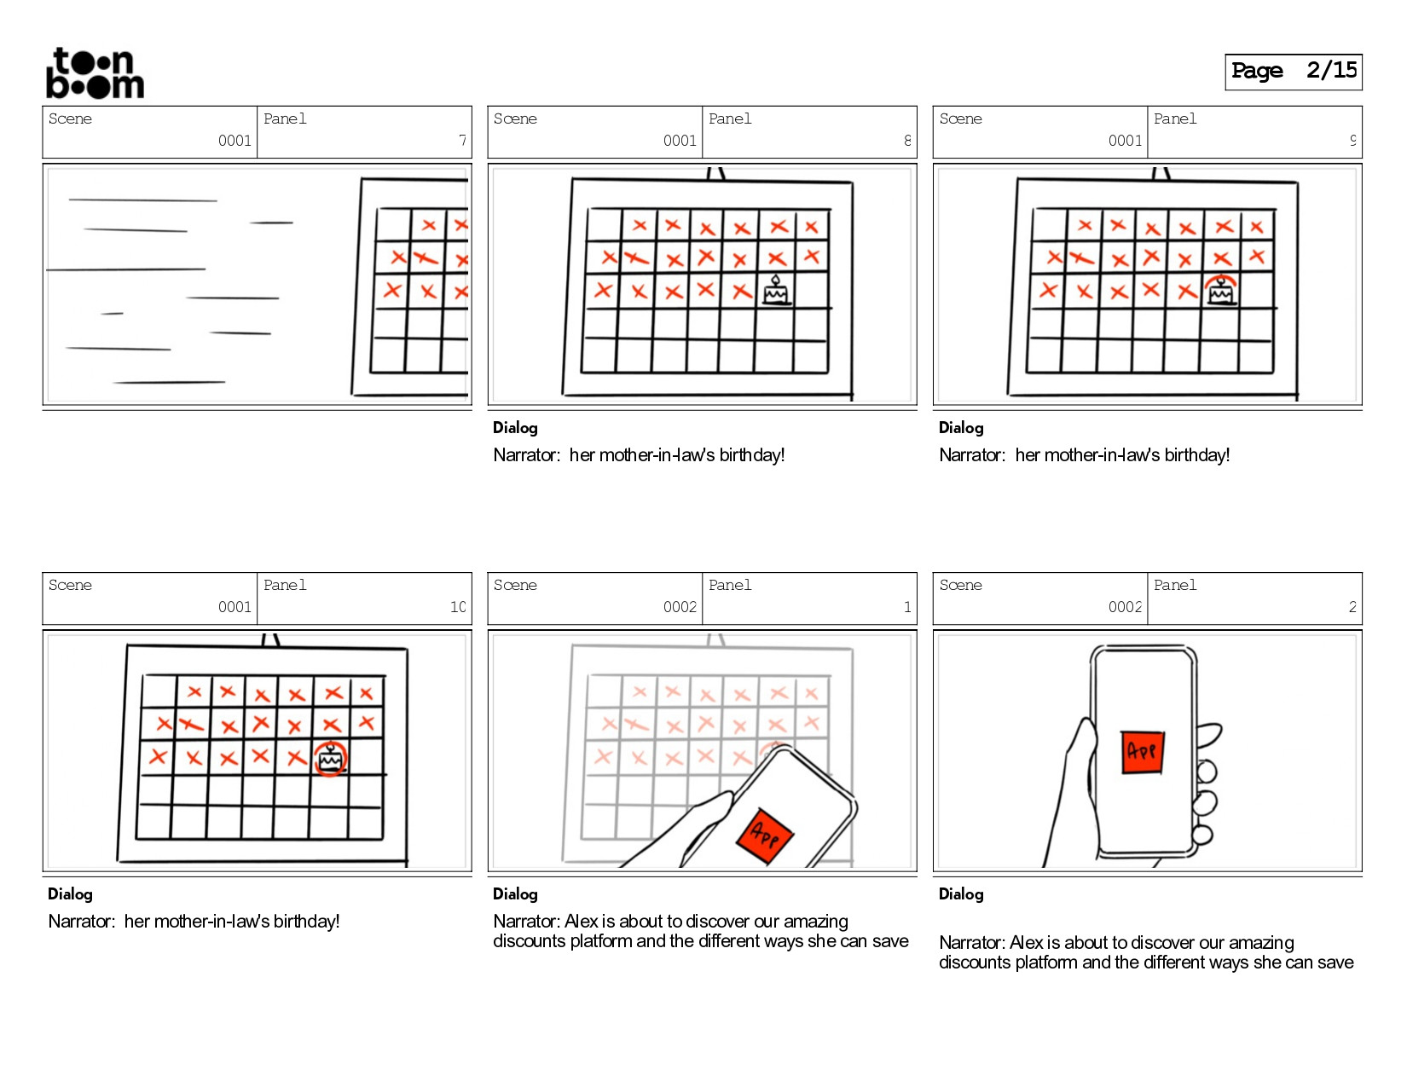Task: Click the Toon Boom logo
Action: tap(95, 73)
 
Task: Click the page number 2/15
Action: tap(1331, 71)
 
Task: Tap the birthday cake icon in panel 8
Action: tap(775, 291)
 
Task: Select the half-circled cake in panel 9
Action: tap(1221, 290)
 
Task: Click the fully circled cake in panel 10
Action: tap(330, 758)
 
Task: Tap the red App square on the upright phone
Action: tap(1142, 751)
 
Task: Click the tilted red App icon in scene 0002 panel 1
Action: tap(765, 836)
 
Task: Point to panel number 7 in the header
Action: tap(462, 141)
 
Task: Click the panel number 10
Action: tap(458, 607)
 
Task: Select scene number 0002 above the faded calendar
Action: tap(680, 607)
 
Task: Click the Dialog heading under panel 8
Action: tap(515, 428)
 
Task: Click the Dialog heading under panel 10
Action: tap(70, 894)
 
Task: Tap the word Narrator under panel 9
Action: tap(971, 455)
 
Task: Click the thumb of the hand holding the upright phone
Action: tap(1081, 750)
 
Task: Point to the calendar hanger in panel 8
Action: tap(716, 173)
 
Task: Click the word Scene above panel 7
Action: tap(70, 119)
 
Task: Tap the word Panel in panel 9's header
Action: tap(1175, 119)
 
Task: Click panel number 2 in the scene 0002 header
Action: tap(1352, 607)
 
